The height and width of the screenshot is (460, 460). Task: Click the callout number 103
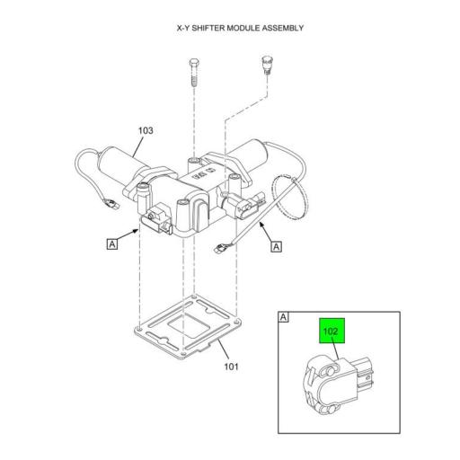(x=146, y=131)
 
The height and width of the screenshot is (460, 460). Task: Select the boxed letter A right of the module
(x=277, y=246)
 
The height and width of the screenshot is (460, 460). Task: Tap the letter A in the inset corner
(x=284, y=316)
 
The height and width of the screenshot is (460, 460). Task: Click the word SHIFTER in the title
(x=208, y=28)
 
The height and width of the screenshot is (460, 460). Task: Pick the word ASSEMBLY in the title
(x=280, y=28)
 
